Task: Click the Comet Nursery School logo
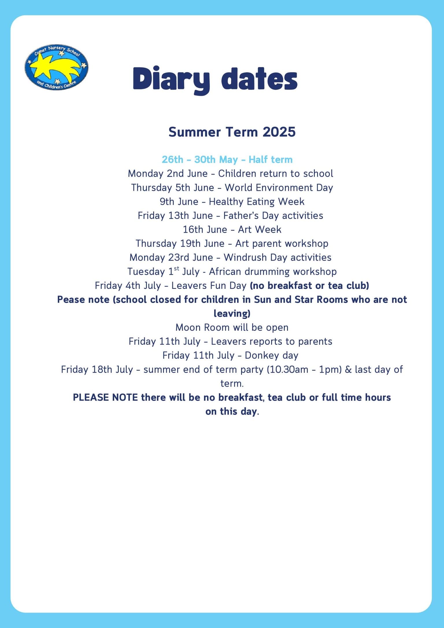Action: [x=56, y=67]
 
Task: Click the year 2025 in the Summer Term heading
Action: [x=279, y=132]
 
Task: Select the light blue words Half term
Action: [x=271, y=160]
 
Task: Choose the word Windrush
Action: [x=245, y=257]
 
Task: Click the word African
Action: [x=225, y=271]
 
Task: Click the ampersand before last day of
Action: [x=348, y=370]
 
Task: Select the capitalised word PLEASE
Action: [x=91, y=398]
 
